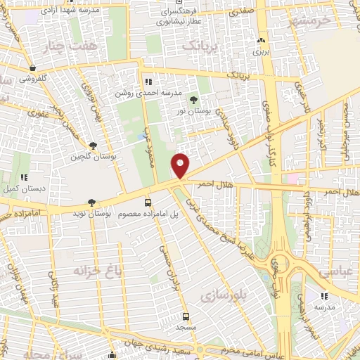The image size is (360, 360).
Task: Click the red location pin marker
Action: pyautogui.click(x=181, y=165)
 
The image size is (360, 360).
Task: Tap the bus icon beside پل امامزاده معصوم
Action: pyautogui.click(x=148, y=202)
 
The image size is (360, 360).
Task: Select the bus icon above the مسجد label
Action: pyautogui.click(x=186, y=316)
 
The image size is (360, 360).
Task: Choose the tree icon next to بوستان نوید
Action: pyautogui.click(x=92, y=202)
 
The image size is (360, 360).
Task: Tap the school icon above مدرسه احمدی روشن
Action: pyautogui.click(x=146, y=82)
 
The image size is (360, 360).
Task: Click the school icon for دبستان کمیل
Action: pyautogui.click(x=23, y=177)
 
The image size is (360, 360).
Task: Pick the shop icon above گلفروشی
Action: pyautogui.click(x=34, y=68)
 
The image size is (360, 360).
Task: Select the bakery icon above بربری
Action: pyautogui.click(x=261, y=41)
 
